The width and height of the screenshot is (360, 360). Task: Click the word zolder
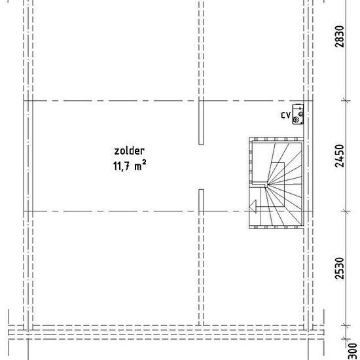(129, 151)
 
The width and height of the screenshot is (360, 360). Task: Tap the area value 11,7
(122, 166)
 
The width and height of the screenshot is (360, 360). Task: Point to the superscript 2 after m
(144, 162)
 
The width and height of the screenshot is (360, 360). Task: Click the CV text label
(286, 115)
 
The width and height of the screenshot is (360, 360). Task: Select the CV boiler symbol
(298, 115)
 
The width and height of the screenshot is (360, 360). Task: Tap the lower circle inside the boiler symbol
(296, 120)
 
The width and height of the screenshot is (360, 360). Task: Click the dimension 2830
(340, 37)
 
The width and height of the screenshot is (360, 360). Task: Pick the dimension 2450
(340, 156)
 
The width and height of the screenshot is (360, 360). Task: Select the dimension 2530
(340, 268)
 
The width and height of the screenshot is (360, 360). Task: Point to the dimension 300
(353, 351)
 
